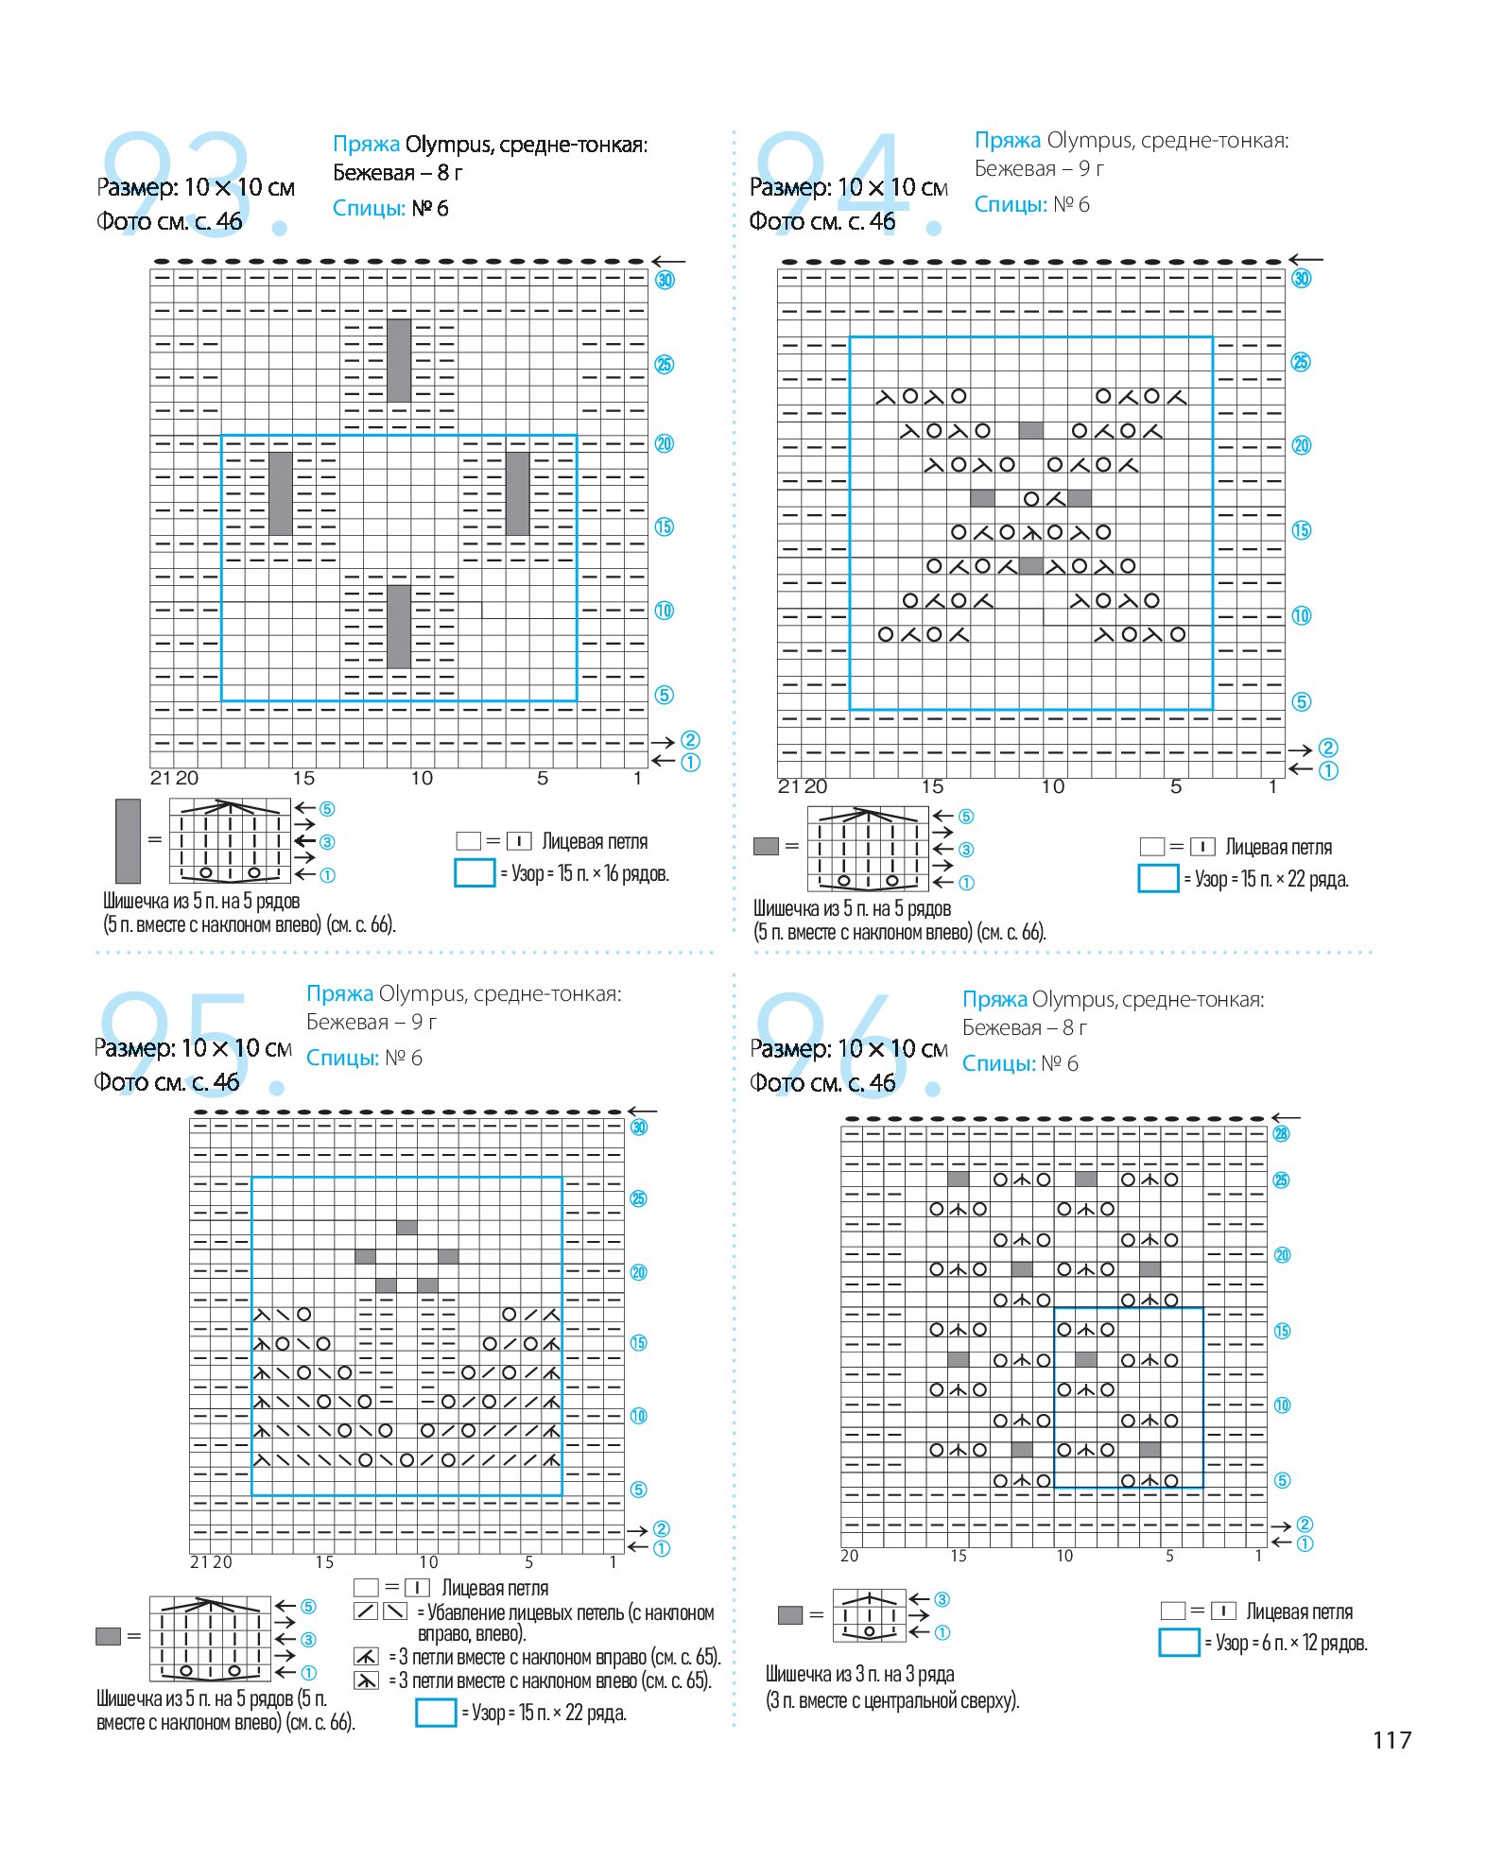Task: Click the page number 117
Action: click(x=1392, y=1740)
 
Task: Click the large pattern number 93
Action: click(x=194, y=184)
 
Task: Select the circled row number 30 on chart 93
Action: click(x=666, y=280)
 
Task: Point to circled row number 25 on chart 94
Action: click(x=1301, y=362)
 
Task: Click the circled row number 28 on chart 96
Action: click(x=1281, y=1133)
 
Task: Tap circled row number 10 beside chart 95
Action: click(x=639, y=1416)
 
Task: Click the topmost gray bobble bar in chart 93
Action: click(x=399, y=360)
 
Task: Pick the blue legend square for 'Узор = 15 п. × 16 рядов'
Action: click(x=475, y=873)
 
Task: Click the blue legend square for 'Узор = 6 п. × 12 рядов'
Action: click(x=1179, y=1643)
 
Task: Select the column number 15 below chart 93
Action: click(x=303, y=778)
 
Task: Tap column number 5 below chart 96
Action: click(x=1169, y=1556)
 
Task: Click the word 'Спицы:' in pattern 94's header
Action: click(x=1011, y=204)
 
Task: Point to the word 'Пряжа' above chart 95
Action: click(x=339, y=994)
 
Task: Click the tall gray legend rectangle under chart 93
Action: click(x=128, y=841)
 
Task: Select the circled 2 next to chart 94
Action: click(x=1328, y=749)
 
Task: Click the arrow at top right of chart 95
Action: click(x=642, y=1111)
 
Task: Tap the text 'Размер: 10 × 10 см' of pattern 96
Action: click(x=849, y=1049)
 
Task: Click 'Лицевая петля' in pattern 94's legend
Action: click(x=1279, y=847)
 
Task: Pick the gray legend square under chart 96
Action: click(x=790, y=1615)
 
